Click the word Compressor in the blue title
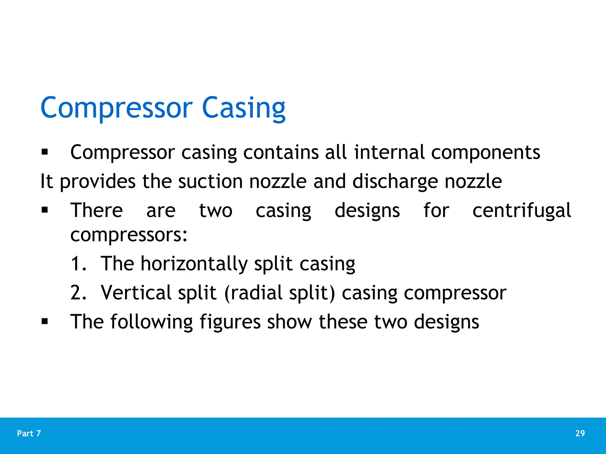tap(117, 108)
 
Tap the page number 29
tap(580, 433)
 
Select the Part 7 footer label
tap(29, 433)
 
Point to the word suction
tap(210, 181)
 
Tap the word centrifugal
tap(521, 210)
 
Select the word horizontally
tap(194, 263)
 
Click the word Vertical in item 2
tap(136, 292)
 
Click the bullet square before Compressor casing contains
tap(45, 152)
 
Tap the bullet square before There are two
tap(45, 210)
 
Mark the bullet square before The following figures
tap(45, 321)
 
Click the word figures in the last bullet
tap(230, 322)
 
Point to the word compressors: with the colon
tap(129, 235)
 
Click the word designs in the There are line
tap(367, 210)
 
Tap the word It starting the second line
tap(46, 181)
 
